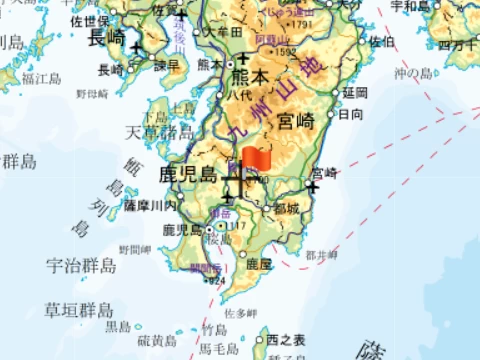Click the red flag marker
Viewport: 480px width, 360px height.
point(255,159)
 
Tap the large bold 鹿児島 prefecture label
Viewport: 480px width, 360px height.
point(187,174)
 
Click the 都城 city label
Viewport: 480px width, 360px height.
point(286,209)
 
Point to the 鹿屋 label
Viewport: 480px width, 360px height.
point(259,264)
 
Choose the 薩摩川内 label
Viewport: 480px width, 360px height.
point(150,205)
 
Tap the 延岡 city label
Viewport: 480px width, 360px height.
point(355,92)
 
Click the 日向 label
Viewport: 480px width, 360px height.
point(351,114)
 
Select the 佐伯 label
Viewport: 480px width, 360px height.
point(381,42)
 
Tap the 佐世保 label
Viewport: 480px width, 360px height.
point(90,19)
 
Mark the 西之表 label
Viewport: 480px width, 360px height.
point(284,341)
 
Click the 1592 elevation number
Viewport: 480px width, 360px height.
point(286,52)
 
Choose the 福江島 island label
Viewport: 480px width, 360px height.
point(43,76)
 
